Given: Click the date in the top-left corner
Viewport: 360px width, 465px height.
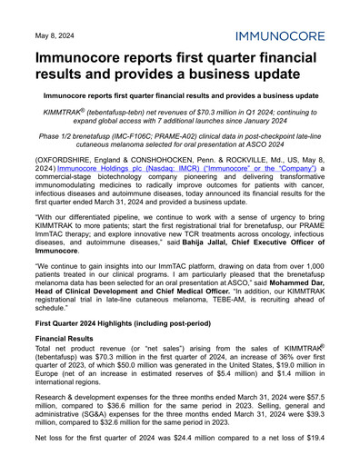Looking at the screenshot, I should tap(55, 36).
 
